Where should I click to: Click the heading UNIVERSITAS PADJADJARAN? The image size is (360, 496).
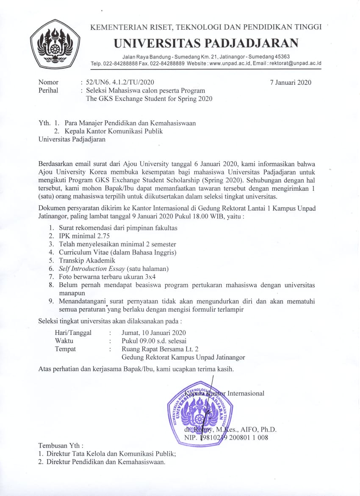[x=206, y=43]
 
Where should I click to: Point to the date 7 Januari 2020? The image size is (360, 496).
[x=291, y=82]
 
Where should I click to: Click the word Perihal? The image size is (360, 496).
[x=48, y=90]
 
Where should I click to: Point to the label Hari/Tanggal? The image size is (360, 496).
[x=73, y=333]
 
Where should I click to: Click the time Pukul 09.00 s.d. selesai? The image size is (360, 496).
[x=154, y=341]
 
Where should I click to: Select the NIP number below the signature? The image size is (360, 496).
[x=226, y=437]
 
